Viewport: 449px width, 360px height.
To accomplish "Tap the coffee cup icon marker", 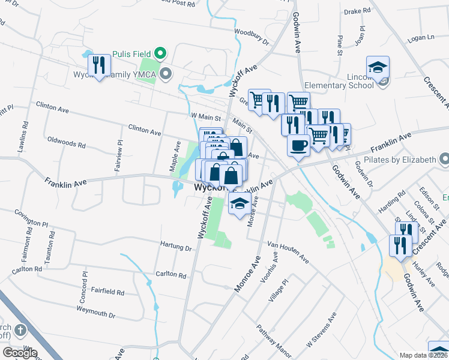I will [x=298, y=145].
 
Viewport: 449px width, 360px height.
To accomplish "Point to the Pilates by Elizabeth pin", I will [x=444, y=160].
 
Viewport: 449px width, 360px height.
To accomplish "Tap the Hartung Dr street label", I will [x=176, y=247].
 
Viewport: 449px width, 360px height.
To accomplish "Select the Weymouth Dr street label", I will [x=95, y=311].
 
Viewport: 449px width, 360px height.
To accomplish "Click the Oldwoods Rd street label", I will [x=66, y=142].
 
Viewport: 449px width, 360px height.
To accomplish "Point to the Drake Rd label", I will [x=357, y=11].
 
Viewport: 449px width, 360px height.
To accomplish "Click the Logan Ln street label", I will [x=420, y=38].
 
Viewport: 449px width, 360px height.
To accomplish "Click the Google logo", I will [x=20, y=352].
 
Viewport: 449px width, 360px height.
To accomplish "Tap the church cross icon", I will [x=20, y=330].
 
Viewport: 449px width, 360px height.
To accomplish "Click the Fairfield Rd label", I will [x=108, y=292].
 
